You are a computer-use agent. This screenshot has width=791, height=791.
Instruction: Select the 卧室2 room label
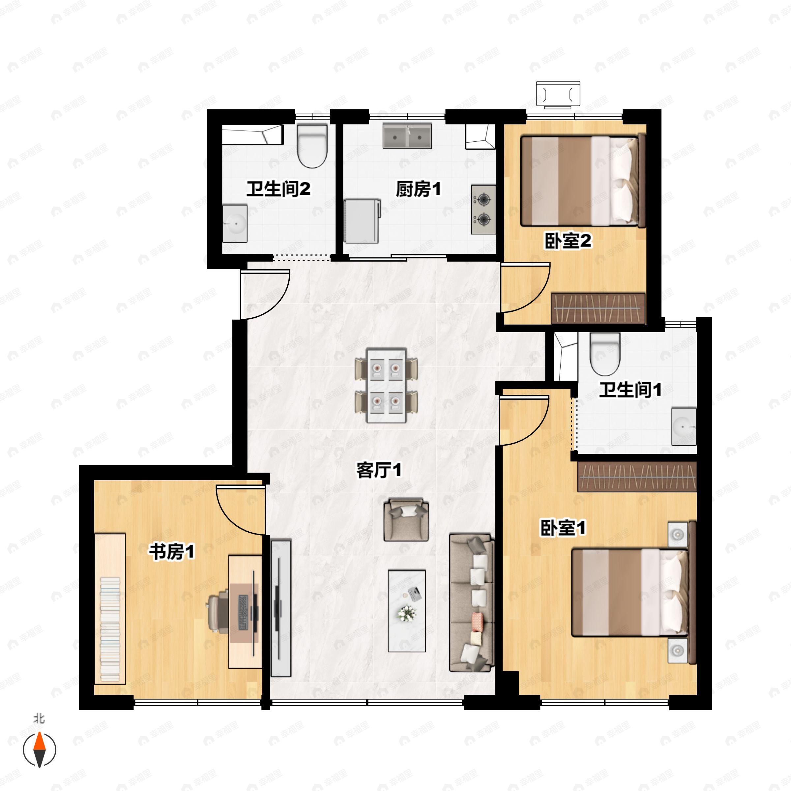click(x=568, y=241)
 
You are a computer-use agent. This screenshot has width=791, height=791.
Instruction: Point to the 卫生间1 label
click(x=630, y=390)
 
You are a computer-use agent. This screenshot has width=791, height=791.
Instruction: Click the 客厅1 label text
click(x=379, y=470)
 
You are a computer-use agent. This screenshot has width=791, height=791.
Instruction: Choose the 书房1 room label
click(x=171, y=552)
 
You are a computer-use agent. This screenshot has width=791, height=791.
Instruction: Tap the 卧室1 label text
click(x=563, y=528)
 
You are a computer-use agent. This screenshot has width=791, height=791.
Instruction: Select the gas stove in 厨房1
click(x=483, y=210)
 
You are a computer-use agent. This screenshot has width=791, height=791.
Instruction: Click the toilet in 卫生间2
click(x=312, y=146)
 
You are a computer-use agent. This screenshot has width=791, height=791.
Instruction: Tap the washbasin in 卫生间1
click(x=684, y=426)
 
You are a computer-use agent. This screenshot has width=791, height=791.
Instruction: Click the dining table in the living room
click(x=387, y=386)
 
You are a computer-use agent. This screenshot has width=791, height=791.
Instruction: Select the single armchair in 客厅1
click(x=406, y=519)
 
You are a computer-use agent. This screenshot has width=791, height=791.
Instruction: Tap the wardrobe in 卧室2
click(x=598, y=308)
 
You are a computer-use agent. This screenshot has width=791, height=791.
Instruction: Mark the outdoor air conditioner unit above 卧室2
click(x=558, y=95)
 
